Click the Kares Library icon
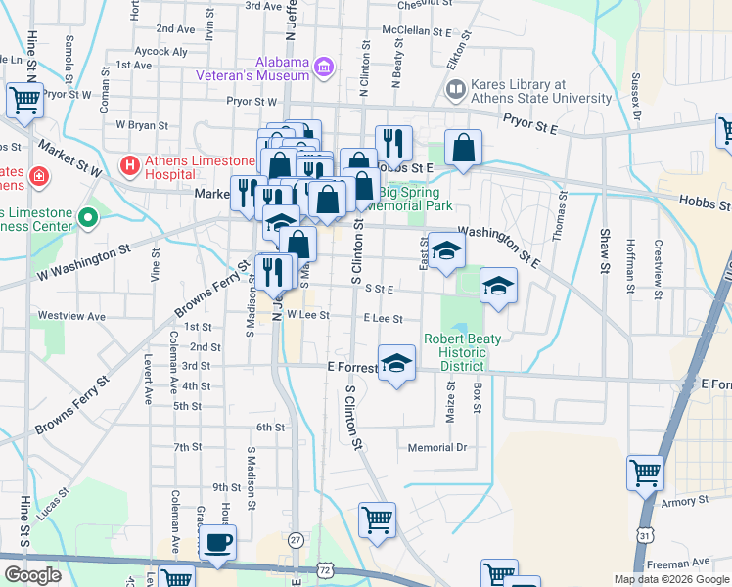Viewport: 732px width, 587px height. pos(455,91)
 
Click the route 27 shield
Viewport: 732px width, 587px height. pos(296,539)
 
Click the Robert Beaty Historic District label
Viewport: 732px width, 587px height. pos(462,352)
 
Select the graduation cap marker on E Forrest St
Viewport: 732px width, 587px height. pos(396,364)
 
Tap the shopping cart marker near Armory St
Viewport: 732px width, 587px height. pos(645,474)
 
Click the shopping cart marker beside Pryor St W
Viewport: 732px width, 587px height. pos(23,99)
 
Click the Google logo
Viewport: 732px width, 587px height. pos(33,575)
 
